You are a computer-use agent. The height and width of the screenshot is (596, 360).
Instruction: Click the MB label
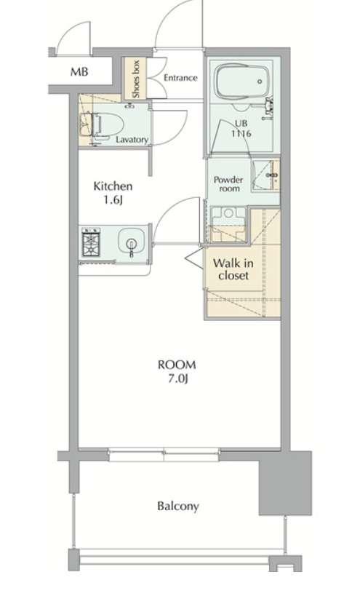tap(79, 71)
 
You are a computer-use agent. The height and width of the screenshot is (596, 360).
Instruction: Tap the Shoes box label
tap(136, 79)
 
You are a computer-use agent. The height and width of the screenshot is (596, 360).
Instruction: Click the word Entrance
tap(180, 78)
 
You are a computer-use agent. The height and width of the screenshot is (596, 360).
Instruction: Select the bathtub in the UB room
tap(242, 81)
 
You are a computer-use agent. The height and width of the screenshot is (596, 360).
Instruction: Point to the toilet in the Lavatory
tap(102, 125)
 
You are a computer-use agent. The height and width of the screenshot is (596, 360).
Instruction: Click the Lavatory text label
tap(132, 140)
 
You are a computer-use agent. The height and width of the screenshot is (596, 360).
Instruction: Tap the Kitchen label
tap(113, 186)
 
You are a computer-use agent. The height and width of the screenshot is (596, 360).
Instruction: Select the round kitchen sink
tap(132, 242)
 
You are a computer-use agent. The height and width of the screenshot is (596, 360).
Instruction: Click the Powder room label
tap(228, 183)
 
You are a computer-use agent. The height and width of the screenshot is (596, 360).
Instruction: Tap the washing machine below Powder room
tap(228, 224)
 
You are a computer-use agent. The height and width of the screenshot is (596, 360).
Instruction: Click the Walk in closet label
tap(233, 269)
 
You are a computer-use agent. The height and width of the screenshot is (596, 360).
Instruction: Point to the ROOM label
tap(177, 365)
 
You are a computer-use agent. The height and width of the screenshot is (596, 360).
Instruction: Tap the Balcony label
tap(178, 506)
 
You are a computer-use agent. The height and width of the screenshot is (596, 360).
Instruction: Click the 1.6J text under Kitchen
tap(113, 200)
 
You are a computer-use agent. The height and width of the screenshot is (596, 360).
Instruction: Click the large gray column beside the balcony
tap(285, 482)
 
